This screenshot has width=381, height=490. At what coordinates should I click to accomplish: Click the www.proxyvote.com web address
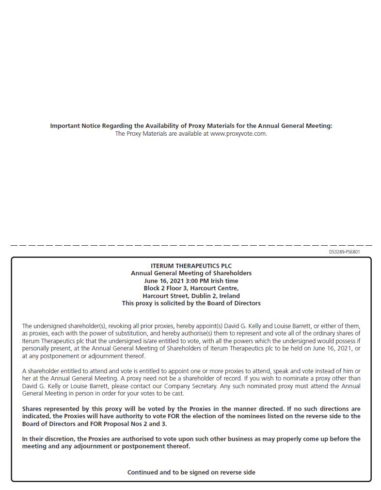[238, 134]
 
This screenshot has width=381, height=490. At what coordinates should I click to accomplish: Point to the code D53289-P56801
[344, 252]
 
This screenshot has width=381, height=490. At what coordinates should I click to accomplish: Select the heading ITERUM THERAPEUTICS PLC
[191, 266]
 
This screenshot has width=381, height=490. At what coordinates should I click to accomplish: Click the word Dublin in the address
[202, 296]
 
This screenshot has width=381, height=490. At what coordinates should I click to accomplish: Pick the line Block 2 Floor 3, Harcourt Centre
[191, 288]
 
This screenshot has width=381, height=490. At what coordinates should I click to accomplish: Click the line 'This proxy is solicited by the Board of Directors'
[191, 303]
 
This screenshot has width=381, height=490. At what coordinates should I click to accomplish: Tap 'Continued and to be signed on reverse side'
[191, 472]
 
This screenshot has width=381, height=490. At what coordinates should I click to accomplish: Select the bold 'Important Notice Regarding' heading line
[191, 126]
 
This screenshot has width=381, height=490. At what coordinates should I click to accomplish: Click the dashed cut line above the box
[191, 246]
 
